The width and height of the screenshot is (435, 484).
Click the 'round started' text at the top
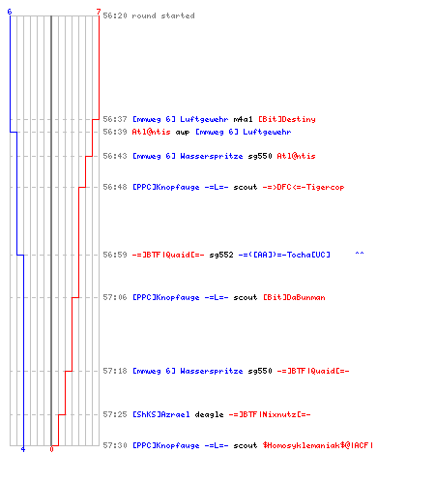pyautogui.click(x=163, y=15)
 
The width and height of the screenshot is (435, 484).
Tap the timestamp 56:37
pyautogui.click(x=115, y=119)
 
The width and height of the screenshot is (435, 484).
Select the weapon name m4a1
pyautogui.click(x=243, y=119)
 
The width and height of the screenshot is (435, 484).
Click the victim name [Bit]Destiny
pyautogui.click(x=287, y=119)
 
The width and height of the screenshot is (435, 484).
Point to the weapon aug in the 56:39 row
pyautogui.click(x=183, y=133)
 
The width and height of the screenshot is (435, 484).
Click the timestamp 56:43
pyautogui.click(x=115, y=156)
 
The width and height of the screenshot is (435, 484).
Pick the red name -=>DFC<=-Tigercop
pyautogui.click(x=304, y=187)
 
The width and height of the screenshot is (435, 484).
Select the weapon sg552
pyautogui.click(x=221, y=255)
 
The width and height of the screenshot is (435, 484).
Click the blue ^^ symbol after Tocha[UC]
pyautogui.click(x=360, y=254)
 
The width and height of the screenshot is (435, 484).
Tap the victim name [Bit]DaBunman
pyautogui.click(x=294, y=297)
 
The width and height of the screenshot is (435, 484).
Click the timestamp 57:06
pyautogui.click(x=115, y=297)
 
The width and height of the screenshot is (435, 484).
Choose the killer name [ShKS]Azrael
pyautogui.click(x=161, y=414)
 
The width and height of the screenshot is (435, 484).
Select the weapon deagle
pyautogui.click(x=209, y=414)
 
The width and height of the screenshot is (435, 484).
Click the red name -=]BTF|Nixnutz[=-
pyautogui.click(x=270, y=414)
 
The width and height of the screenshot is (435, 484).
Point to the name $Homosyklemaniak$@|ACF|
pyautogui.click(x=318, y=445)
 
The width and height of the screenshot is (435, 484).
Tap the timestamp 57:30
pyautogui.click(x=115, y=445)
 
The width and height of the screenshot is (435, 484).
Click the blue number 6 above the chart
pyautogui.click(x=10, y=12)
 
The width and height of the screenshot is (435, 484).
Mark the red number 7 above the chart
pyautogui.click(x=99, y=12)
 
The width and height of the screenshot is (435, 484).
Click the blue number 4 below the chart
pyautogui.click(x=23, y=449)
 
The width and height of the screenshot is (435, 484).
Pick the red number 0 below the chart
pyautogui.click(x=51, y=449)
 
